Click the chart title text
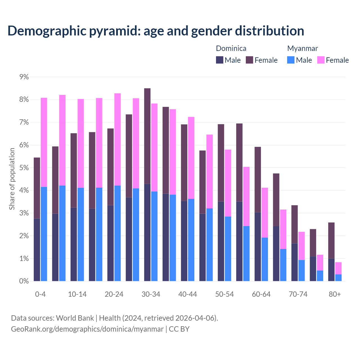tap(156, 31)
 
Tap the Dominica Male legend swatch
tap(220, 60)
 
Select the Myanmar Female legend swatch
tap(321, 60)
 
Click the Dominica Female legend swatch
tap(249, 60)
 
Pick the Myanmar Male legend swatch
tap(291, 60)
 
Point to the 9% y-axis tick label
tap(24, 77)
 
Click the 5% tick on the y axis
tap(24, 168)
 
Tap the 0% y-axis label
tap(24, 281)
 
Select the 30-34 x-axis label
tap(151, 294)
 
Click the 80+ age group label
tap(335, 294)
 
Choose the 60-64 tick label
tap(261, 294)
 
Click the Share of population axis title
tap(12, 179)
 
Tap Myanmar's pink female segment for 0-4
tap(44, 142)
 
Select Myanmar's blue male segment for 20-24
tap(118, 233)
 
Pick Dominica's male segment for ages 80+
tap(331, 270)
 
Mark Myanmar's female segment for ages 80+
tap(338, 268)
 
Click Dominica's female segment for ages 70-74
tap(294, 224)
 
